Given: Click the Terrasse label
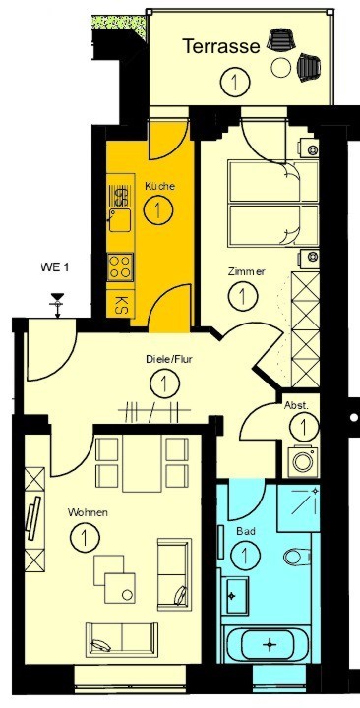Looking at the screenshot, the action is [x=221, y=46].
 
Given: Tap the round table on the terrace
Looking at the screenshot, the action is [x=281, y=68].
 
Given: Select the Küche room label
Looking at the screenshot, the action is [x=159, y=186].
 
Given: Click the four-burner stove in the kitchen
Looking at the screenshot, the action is [x=121, y=266].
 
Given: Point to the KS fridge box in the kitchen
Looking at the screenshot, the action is [x=120, y=301].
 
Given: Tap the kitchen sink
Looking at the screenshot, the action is [x=120, y=220].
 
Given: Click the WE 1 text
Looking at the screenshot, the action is [x=55, y=267].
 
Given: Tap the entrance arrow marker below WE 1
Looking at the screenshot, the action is [x=57, y=305].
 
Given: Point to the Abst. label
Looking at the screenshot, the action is [x=296, y=405].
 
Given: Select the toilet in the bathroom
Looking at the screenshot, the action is [x=297, y=557].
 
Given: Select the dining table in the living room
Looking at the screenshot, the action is [x=142, y=463].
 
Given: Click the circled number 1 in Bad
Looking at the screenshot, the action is [x=245, y=555].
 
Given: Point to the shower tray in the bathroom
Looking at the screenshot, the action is [x=298, y=507].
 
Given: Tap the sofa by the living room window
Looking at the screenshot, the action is [x=122, y=639].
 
